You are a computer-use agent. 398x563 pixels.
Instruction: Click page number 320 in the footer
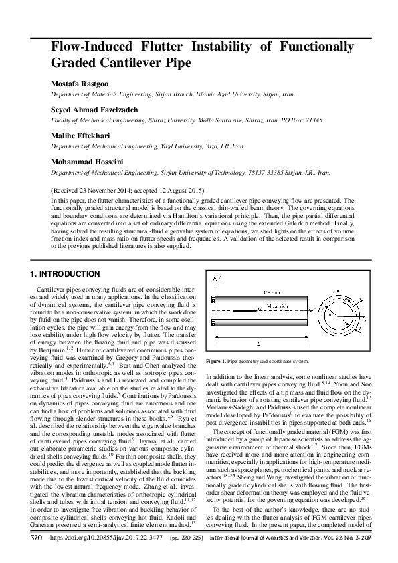pyautogui.click(x=38, y=555)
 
